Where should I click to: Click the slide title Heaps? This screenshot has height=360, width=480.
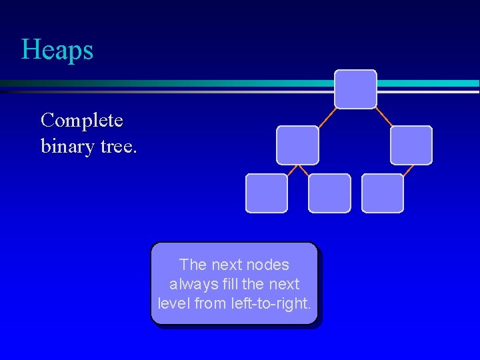57,50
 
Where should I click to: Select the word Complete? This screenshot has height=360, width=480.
81,121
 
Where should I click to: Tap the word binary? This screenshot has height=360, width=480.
65,145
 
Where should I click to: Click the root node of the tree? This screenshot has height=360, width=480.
355,89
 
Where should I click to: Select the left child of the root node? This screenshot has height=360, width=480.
297,145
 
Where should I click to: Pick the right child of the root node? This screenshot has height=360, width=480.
411,145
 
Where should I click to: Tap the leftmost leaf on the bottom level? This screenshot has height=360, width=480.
267,193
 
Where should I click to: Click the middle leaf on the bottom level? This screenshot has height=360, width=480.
329,193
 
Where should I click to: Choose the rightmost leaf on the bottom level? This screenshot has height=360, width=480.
383,193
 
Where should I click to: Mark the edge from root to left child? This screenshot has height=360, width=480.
326,117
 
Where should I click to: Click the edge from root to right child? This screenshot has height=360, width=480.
385,117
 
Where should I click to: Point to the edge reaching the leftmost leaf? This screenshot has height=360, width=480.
282,169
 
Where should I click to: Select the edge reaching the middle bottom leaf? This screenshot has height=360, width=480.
303,169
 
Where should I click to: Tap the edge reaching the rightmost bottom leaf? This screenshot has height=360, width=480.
397,169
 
